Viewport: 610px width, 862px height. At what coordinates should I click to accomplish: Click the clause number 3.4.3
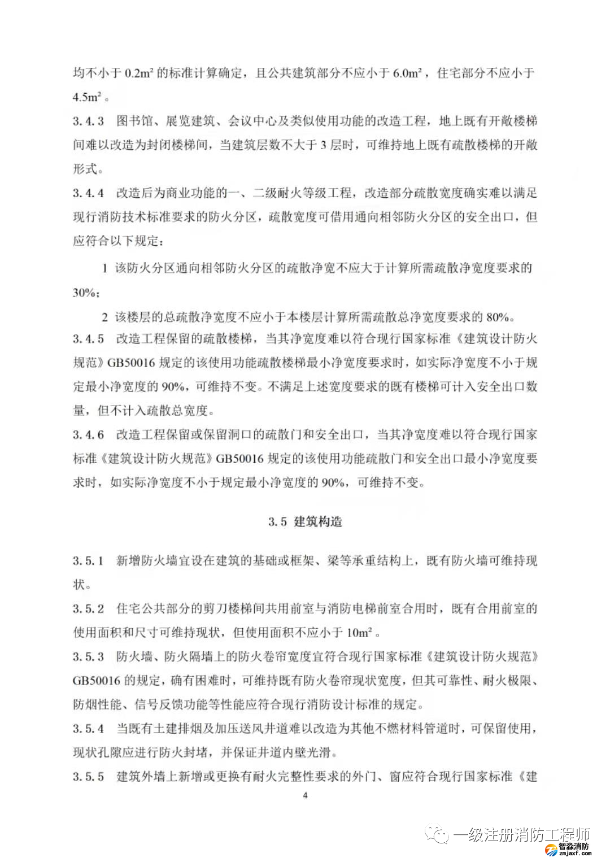pos(88,121)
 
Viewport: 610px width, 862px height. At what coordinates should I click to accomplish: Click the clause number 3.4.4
pos(88,193)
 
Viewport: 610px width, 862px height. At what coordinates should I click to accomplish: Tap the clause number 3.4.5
pos(88,339)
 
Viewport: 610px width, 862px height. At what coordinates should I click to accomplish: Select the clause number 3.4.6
pos(88,435)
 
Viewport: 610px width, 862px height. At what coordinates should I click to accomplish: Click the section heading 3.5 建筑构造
pos(305,521)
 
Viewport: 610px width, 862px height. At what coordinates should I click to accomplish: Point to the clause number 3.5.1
pos(88,561)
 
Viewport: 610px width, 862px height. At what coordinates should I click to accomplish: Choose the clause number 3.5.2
pos(88,609)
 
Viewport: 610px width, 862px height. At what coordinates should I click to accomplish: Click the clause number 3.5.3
pos(88,657)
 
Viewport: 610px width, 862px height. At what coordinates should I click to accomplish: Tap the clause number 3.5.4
pos(88,729)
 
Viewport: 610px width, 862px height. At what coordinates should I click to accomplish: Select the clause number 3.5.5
pos(88,777)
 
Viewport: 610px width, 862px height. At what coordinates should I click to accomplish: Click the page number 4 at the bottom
pos(305,795)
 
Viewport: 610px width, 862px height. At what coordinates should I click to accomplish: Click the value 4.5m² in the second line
pos(87,97)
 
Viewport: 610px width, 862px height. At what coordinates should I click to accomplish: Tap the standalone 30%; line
pos(86,293)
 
